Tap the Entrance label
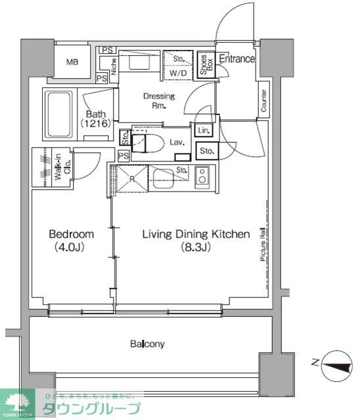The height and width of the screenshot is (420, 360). tap(236, 59)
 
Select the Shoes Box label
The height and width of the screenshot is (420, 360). tap(206, 62)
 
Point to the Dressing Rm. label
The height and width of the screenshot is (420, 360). tap(159, 101)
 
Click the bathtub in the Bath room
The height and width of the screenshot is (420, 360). tap(60, 114)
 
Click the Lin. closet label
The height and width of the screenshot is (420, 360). tap(204, 130)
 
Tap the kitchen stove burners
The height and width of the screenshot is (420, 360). tap(202, 176)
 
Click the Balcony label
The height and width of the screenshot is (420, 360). tap(147, 343)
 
